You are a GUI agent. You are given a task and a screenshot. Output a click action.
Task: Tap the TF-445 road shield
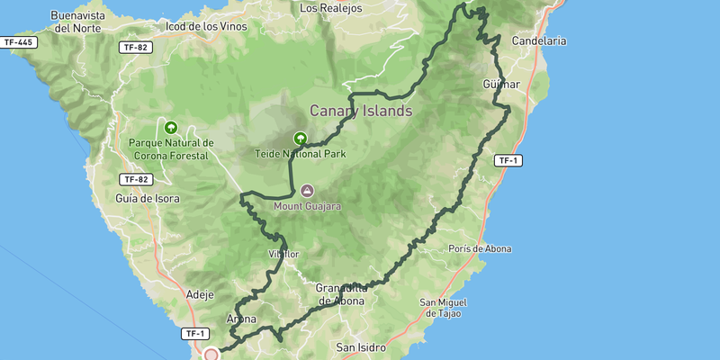coord(19,42)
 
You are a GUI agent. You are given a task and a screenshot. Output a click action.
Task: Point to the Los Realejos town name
coord(329,8)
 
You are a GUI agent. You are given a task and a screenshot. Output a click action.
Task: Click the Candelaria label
coord(538,40)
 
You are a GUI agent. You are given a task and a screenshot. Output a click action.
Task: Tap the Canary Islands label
coord(360,111)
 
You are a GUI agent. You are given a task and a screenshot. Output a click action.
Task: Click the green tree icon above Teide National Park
coord(300,139)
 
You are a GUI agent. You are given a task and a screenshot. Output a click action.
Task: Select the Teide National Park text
coord(300,154)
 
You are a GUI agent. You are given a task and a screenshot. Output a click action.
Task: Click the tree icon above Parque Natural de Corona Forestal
coord(170,127)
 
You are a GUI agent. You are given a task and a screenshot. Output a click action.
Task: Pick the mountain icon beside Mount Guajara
coord(307,191)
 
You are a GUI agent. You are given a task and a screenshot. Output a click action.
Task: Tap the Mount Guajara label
coord(309,206)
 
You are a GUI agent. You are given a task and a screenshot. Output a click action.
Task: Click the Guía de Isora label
coord(148,198)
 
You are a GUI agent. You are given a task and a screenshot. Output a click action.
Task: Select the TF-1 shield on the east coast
coord(508,160)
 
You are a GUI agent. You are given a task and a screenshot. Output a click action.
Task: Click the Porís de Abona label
coord(478,249)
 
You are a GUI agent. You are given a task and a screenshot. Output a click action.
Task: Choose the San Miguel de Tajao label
coord(449,309)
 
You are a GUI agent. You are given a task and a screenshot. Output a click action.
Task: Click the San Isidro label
coord(360,346)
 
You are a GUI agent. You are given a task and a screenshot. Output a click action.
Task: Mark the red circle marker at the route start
coord(211,355)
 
